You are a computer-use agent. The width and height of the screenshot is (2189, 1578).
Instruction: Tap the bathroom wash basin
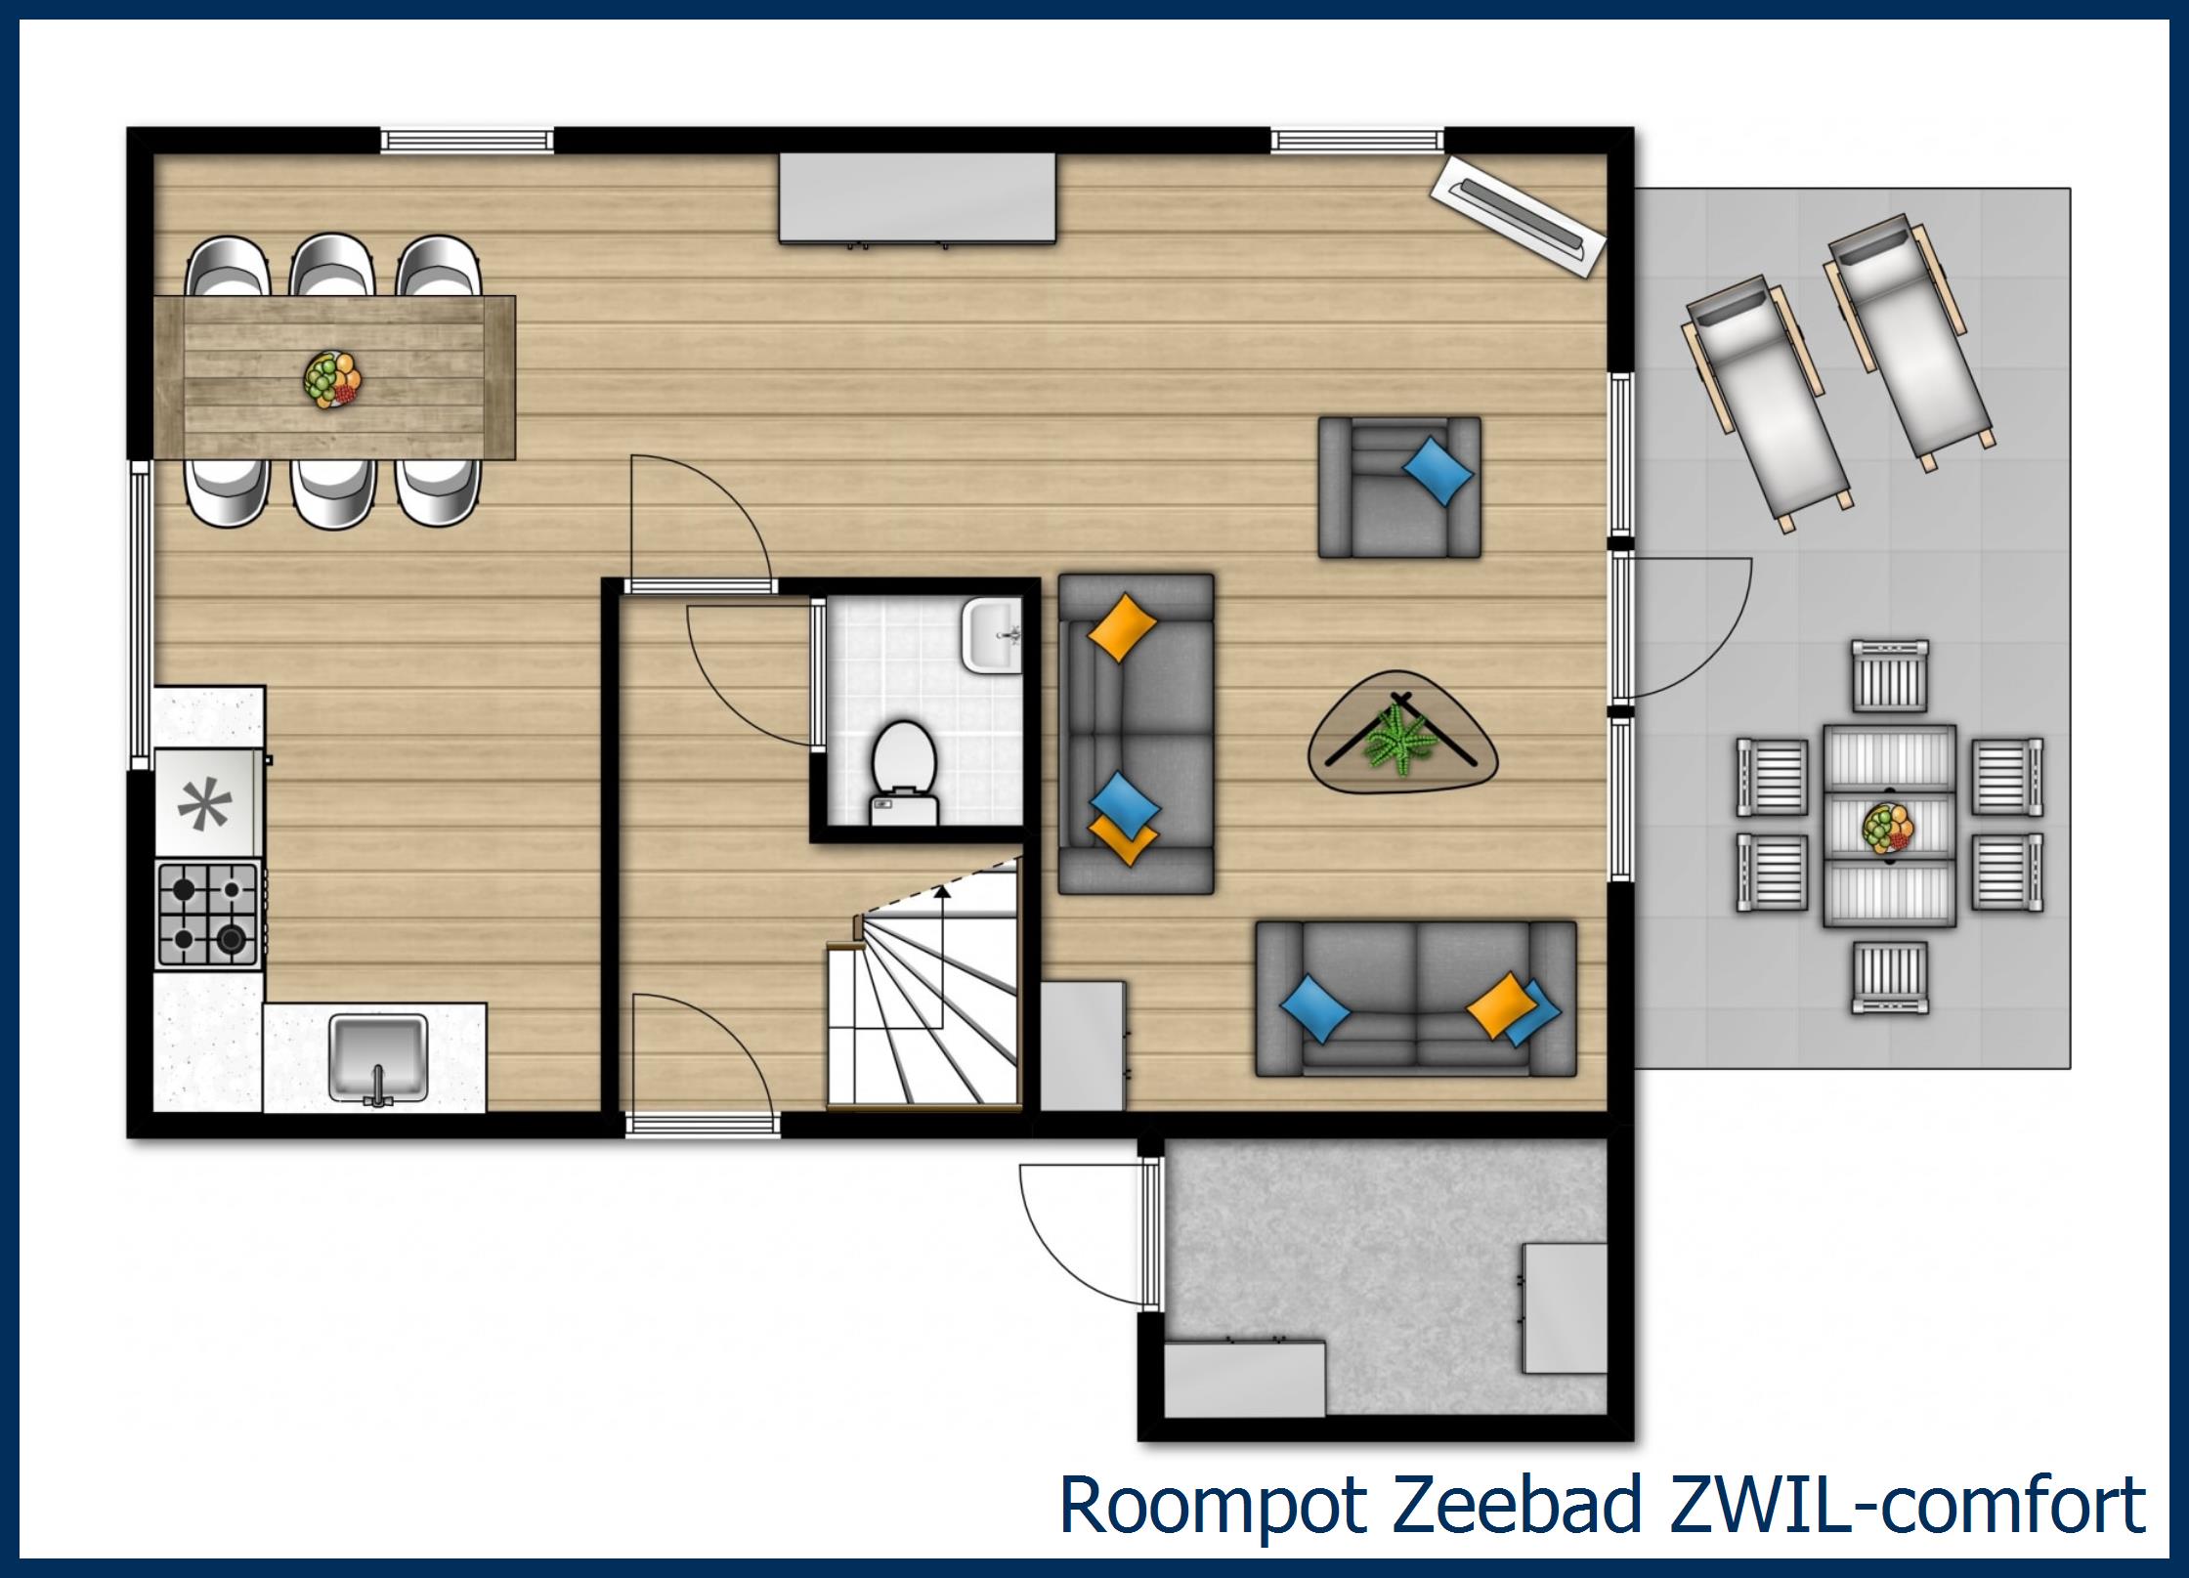coord(991,635)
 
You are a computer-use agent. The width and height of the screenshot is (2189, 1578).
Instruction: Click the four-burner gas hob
coord(208,916)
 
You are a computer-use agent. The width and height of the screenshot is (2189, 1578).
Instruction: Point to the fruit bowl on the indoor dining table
coord(332,379)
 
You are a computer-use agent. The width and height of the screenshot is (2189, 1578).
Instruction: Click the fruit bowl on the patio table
coord(1888,828)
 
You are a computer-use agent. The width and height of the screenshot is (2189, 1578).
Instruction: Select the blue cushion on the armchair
coord(1438,470)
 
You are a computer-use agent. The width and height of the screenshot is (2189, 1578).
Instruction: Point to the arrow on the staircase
coord(942,891)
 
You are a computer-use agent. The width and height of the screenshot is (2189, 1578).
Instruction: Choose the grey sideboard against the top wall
coord(917,197)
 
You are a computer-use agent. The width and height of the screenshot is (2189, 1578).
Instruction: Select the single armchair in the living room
coord(1398,488)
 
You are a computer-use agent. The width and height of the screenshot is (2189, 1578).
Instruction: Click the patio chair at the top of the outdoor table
coord(1890,675)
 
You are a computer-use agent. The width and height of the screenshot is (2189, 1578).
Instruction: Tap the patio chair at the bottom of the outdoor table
coord(1890,977)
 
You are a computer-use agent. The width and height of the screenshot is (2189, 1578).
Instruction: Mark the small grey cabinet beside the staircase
coord(1082,1045)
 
